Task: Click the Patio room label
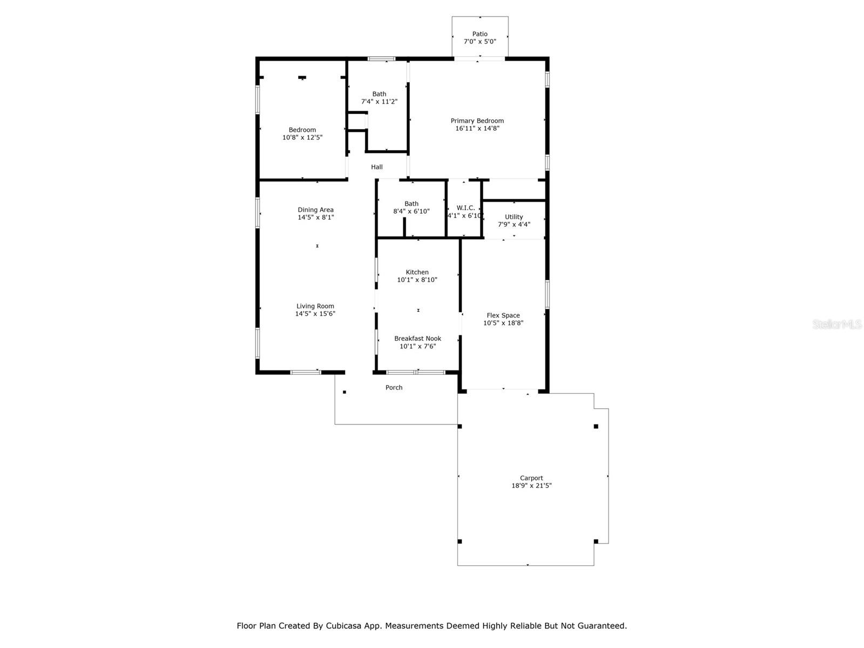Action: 480,34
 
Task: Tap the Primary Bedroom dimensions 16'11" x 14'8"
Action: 477,129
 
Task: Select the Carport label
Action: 531,478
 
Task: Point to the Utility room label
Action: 514,217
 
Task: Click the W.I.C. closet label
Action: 465,208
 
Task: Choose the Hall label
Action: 377,167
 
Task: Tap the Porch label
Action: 394,388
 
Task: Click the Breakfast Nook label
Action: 417,339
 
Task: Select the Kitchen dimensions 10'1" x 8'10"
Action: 417,280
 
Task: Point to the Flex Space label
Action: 503,315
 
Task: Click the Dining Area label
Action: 315,210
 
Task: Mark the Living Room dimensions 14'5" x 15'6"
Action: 315,314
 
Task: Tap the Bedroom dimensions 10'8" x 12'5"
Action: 302,138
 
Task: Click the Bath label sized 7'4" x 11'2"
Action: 379,94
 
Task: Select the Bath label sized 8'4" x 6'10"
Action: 411,204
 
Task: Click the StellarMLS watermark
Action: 837,325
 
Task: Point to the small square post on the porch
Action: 345,392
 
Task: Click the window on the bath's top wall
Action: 381,59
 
